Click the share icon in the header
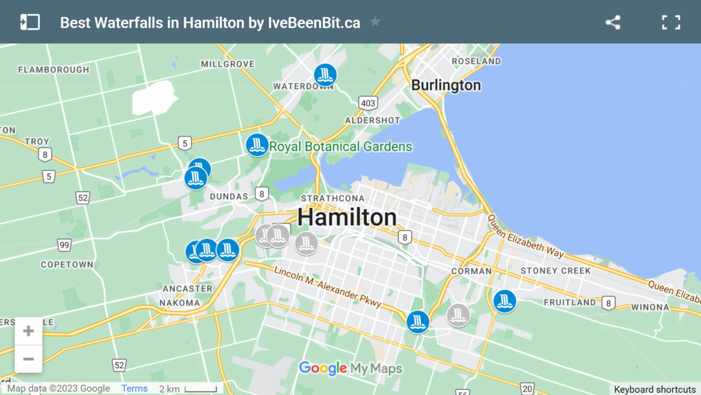pyautogui.click(x=613, y=22)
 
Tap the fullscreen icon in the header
pyautogui.click(x=671, y=22)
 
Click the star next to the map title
pyautogui.click(x=375, y=21)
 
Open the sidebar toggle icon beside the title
pyautogui.click(x=30, y=22)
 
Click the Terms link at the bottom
pyautogui.click(x=134, y=388)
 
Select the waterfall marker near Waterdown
pyautogui.click(x=325, y=75)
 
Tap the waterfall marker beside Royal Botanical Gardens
pyautogui.click(x=257, y=145)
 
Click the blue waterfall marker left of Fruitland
pyautogui.click(x=504, y=301)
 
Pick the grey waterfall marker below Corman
pyautogui.click(x=458, y=315)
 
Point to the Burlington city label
pyautogui.click(x=446, y=85)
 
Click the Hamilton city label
pyautogui.click(x=347, y=217)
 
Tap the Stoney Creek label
pyautogui.click(x=555, y=271)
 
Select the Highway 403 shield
pyautogui.click(x=368, y=103)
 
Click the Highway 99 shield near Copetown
pyautogui.click(x=64, y=245)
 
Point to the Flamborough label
pyautogui.click(x=53, y=69)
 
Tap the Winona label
pyautogui.click(x=650, y=307)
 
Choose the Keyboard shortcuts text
pyautogui.click(x=654, y=389)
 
